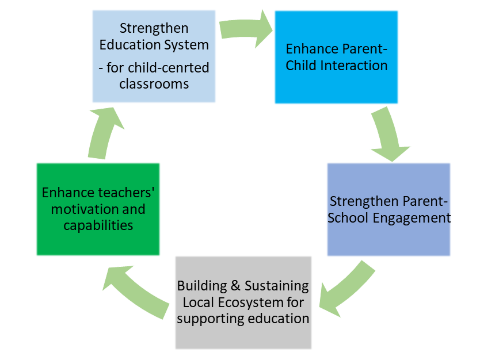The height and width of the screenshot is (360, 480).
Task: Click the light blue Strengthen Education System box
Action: pos(154,56)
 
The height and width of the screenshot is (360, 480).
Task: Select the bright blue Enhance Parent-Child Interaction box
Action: pos(336,57)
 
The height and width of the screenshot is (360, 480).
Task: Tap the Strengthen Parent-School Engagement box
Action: pos(388,209)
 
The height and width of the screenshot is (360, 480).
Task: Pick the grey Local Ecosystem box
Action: pos(243,302)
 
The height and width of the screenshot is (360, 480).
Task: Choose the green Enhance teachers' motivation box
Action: pos(98,209)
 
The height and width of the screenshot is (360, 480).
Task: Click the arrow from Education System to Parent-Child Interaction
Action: pos(245,29)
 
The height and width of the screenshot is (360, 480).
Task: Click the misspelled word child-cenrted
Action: pos(169,68)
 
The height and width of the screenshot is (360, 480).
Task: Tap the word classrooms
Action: pos(154,84)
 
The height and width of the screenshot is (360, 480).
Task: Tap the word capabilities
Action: pos(98,226)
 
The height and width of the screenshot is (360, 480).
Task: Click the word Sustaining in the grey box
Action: pos(276,286)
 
